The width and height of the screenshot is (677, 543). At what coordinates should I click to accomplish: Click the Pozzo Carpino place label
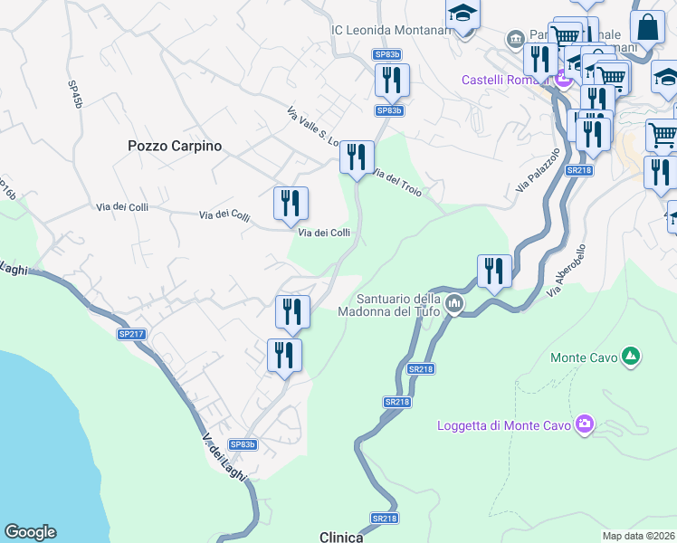pos(175,145)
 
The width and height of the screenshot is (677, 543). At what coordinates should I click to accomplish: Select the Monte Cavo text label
pos(585,357)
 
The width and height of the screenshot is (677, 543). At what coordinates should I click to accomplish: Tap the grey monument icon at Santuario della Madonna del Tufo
pos(454,305)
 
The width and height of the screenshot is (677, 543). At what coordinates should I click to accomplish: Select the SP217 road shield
pos(131,334)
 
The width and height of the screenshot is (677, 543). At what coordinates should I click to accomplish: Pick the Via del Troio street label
pos(397,183)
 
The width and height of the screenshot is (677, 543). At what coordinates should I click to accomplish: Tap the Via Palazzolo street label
pos(533,171)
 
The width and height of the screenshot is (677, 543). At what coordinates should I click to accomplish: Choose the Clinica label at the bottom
pos(341,537)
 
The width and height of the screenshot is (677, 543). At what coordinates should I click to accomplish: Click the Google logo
pos(30,532)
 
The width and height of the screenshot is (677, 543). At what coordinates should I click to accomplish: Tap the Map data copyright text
pos(637,536)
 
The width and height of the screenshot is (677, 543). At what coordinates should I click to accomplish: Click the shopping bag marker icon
pos(648,28)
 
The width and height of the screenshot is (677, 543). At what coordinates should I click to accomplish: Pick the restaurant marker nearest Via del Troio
pos(357,158)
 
